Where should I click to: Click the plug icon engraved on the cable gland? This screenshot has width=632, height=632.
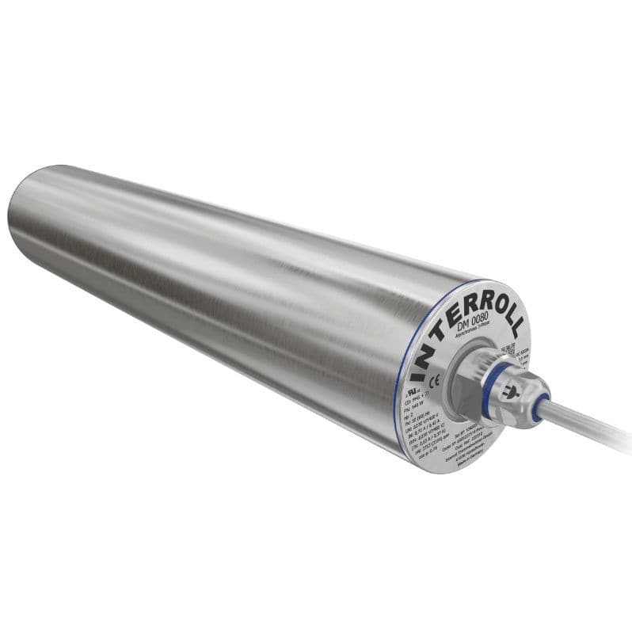click(513, 389)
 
